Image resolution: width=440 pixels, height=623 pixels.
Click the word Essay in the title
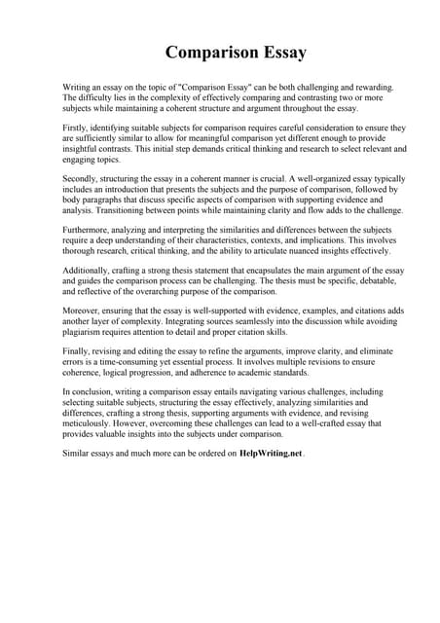[x=279, y=52]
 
